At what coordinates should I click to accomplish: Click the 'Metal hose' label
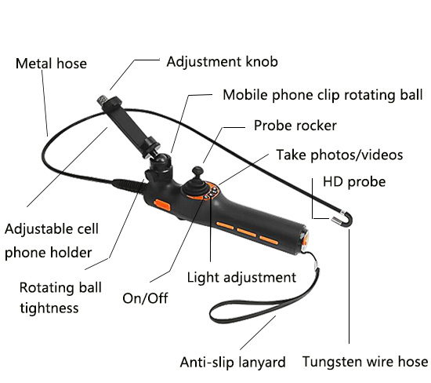pos(51,64)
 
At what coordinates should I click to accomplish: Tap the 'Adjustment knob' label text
pos(222,62)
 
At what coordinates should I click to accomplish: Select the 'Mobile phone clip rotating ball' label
pos(323,95)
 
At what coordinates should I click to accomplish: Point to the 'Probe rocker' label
pos(295,126)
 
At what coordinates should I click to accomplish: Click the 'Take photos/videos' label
pos(339,155)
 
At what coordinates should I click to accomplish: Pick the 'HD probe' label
pos(354,182)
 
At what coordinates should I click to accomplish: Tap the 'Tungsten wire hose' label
pos(365,361)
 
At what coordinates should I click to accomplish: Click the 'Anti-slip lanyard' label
pos(233,362)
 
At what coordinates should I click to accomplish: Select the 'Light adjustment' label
pos(241,277)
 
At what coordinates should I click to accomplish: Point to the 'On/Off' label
pos(145,298)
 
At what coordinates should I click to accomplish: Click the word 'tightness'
pos(49,308)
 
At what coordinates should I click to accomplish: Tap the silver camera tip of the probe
pos(335,220)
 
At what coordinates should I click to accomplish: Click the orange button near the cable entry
pos(162,205)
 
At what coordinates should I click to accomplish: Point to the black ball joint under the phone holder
pos(160,162)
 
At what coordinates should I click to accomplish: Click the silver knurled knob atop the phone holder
pos(103,99)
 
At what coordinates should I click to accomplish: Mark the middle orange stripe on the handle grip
pos(247,232)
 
